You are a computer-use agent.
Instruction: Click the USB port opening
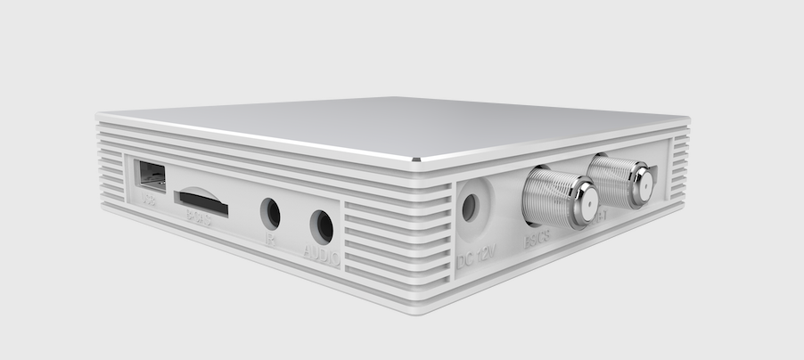(x=151, y=176)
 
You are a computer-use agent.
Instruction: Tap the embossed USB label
(x=149, y=200)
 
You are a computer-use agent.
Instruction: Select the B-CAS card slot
(x=201, y=202)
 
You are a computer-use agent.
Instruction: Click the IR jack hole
(x=270, y=214)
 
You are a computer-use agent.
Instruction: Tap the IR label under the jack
(x=271, y=239)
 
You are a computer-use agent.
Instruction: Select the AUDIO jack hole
(x=322, y=226)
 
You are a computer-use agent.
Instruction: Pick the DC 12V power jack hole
(x=469, y=208)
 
